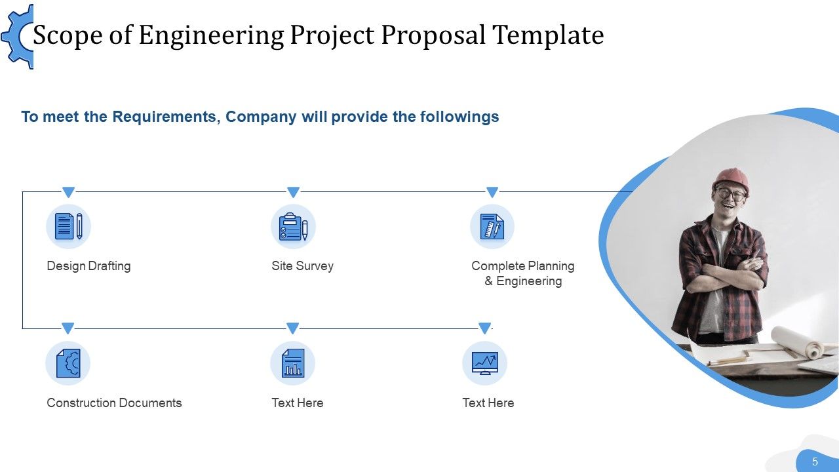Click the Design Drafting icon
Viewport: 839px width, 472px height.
click(68, 226)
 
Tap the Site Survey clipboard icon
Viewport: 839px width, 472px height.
click(293, 227)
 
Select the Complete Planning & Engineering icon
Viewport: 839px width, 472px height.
click(492, 227)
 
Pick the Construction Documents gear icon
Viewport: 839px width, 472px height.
click(68, 363)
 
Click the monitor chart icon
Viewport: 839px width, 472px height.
click(484, 363)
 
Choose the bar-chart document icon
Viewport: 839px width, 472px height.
click(292, 363)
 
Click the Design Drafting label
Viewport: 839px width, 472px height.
click(88, 266)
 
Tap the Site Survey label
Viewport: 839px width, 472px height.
click(302, 266)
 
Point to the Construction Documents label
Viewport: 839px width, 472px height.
click(114, 403)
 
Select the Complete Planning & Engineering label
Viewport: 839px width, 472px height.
click(522, 273)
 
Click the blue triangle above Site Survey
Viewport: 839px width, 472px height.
click(293, 192)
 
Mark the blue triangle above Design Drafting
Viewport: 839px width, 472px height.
click(68, 192)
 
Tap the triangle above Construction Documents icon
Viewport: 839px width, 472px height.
click(68, 328)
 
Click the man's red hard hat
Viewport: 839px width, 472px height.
click(730, 178)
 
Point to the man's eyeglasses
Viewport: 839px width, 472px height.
click(730, 194)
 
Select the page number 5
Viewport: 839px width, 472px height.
click(815, 462)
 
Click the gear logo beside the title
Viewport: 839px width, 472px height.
click(18, 36)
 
